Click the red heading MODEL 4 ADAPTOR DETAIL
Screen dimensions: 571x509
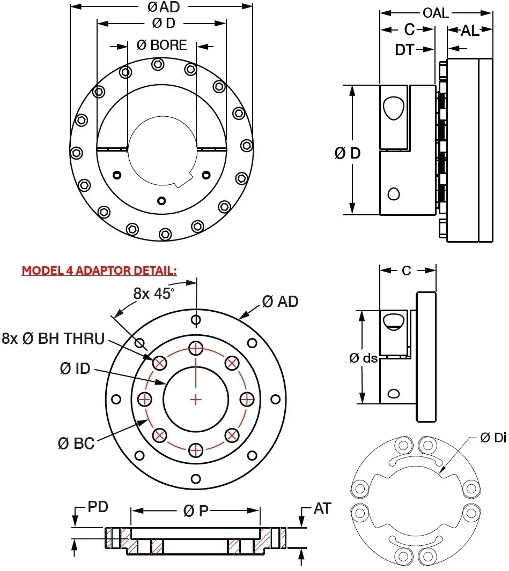click(x=99, y=271)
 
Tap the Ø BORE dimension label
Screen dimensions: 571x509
click(x=161, y=46)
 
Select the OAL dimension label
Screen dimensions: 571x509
click(x=436, y=13)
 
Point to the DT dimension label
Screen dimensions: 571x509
click(x=405, y=50)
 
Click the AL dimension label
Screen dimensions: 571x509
click(x=470, y=31)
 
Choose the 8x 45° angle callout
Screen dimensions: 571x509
click(x=154, y=293)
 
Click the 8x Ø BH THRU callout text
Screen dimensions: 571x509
click(x=53, y=338)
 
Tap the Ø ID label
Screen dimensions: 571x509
click(x=75, y=369)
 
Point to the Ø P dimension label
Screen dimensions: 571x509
click(x=195, y=511)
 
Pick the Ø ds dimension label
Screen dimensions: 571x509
click(x=363, y=358)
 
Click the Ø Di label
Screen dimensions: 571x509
click(x=492, y=438)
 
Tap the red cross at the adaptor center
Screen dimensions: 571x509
click(x=196, y=399)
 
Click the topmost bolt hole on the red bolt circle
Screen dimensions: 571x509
click(x=196, y=349)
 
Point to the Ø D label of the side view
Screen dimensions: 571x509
click(x=348, y=153)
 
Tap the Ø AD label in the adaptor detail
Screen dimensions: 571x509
click(x=280, y=302)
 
